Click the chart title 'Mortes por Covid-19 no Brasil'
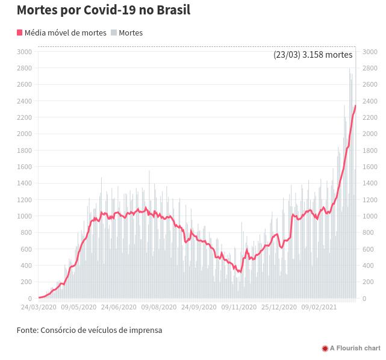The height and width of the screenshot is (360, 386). (x=104, y=10)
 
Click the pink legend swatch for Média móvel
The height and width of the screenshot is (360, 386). (x=19, y=33)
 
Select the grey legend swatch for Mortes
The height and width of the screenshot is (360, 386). (x=113, y=33)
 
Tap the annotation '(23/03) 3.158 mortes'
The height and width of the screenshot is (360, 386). (x=313, y=55)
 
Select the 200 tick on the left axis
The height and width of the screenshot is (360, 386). (x=26, y=282)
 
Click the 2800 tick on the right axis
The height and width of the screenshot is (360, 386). (x=370, y=68)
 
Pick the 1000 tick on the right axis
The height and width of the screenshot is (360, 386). (x=370, y=216)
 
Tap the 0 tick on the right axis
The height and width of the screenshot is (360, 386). (x=364, y=299)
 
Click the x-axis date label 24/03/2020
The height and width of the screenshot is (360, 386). (x=39, y=307)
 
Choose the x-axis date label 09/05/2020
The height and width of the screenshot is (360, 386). (x=78, y=307)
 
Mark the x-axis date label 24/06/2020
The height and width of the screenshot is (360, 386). (x=119, y=307)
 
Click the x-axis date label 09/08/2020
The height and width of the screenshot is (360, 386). (x=158, y=307)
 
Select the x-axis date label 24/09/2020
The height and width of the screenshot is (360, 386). (x=199, y=307)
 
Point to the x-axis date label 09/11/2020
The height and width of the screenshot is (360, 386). (x=239, y=307)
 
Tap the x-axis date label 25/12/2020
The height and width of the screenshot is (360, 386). (x=279, y=307)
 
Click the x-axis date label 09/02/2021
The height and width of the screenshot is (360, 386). (x=319, y=307)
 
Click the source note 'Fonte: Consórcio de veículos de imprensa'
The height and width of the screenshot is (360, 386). (x=89, y=330)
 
